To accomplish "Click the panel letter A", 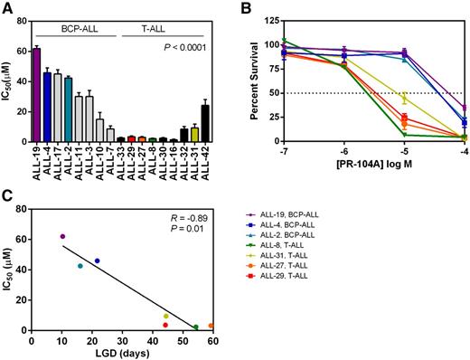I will click(6, 8).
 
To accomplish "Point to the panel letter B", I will click(247, 8).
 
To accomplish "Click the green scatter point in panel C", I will click(195, 327).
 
